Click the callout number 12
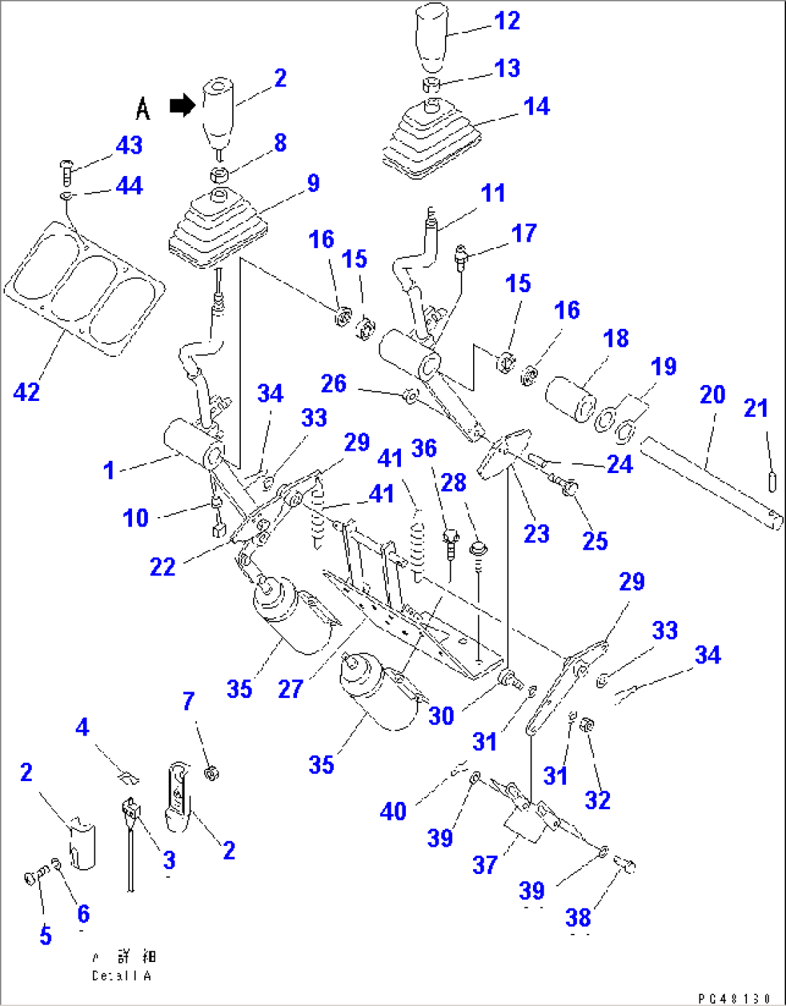click(507, 21)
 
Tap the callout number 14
click(536, 107)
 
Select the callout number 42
click(27, 392)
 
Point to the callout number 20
click(712, 395)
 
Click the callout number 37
click(485, 865)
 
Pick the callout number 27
click(290, 689)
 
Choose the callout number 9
click(313, 183)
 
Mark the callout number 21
click(756, 409)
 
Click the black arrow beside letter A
click(182, 106)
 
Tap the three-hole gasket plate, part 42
click(85, 288)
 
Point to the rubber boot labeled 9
click(216, 224)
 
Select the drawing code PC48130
click(734, 998)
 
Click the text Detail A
click(121, 976)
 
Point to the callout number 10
click(135, 518)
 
